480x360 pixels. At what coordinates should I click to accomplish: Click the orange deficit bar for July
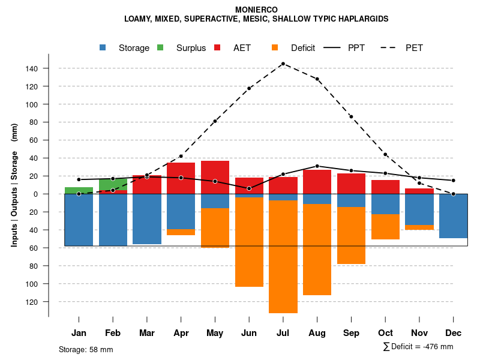coord(283,257)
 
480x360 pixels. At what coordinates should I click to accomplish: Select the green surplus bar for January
coord(79,190)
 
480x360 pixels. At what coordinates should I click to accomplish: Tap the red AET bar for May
coord(215,177)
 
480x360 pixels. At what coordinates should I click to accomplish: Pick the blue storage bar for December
coord(454,216)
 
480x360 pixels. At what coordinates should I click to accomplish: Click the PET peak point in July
coord(283,64)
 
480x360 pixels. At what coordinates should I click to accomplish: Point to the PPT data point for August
coord(317,166)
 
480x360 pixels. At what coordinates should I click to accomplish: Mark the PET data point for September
coord(351,116)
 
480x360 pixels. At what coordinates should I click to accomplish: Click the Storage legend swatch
coord(103,48)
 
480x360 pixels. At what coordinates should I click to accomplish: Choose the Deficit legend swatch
coord(275,48)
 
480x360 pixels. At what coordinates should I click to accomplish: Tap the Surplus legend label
coord(191,48)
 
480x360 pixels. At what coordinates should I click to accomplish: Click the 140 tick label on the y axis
coord(32,68)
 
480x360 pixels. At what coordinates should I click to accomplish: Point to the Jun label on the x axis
coord(249,333)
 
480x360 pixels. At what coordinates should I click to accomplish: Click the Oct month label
coord(385,333)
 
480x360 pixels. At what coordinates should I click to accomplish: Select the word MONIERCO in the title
coord(256,10)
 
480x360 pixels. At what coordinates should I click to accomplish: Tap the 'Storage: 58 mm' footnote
coord(86,349)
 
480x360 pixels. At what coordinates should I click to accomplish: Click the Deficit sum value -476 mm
coord(438,347)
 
